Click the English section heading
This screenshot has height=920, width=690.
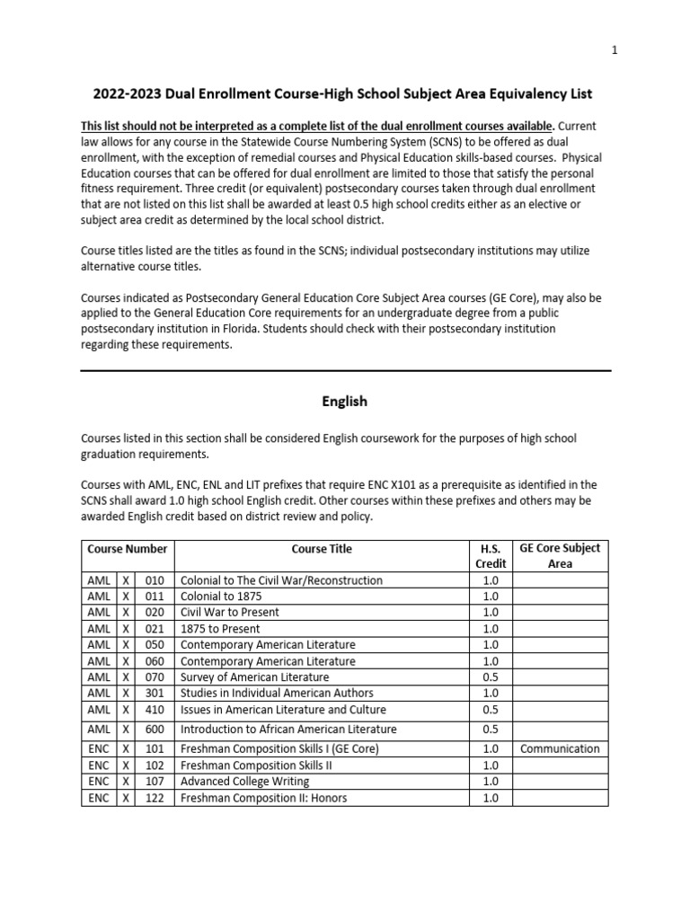(345, 402)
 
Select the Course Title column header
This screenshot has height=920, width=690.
(322, 549)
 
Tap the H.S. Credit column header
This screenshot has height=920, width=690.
(491, 556)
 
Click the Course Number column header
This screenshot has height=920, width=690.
(128, 549)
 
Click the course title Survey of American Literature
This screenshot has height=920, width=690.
(254, 677)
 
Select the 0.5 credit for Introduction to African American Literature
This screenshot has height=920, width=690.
(491, 730)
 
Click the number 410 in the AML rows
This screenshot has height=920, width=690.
(155, 710)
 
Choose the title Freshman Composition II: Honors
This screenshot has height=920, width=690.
(263, 798)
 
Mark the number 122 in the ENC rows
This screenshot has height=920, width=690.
(155, 798)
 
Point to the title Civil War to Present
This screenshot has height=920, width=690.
(230, 613)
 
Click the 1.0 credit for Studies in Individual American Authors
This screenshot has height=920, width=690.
(491, 694)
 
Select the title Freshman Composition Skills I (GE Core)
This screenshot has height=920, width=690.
(279, 749)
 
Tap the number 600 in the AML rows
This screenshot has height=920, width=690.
(155, 730)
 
